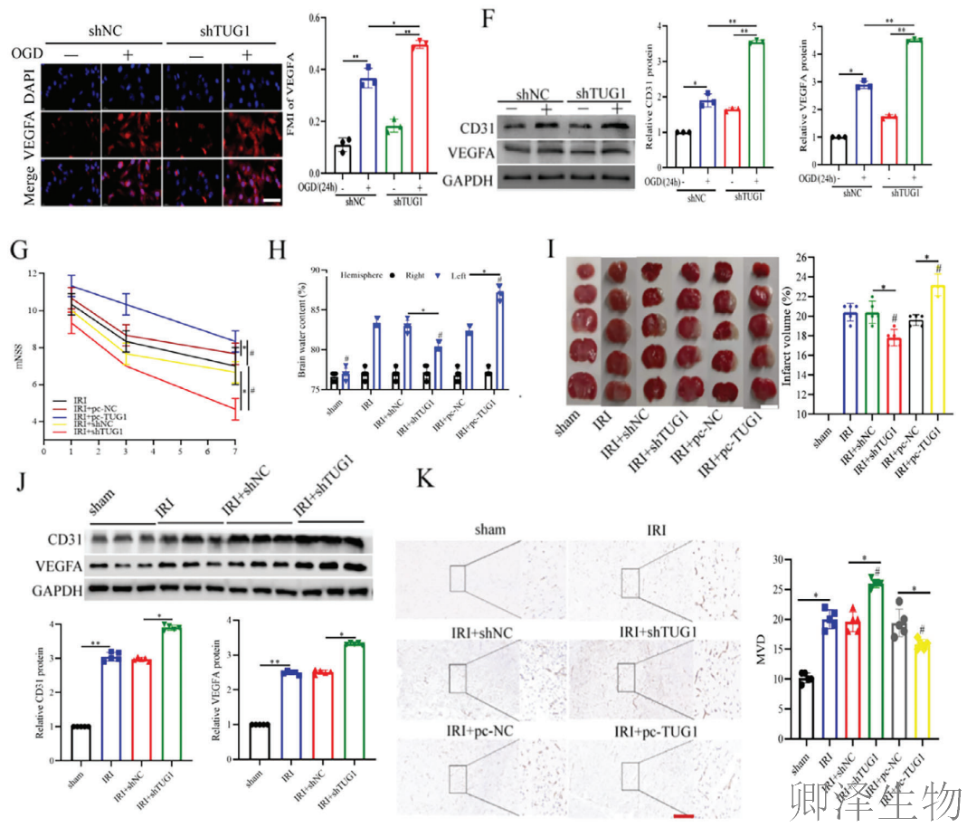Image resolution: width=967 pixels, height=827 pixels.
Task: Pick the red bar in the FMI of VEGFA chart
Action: click(419, 109)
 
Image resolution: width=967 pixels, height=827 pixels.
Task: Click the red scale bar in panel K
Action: click(684, 816)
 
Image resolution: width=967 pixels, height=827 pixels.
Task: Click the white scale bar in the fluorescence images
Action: click(272, 196)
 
